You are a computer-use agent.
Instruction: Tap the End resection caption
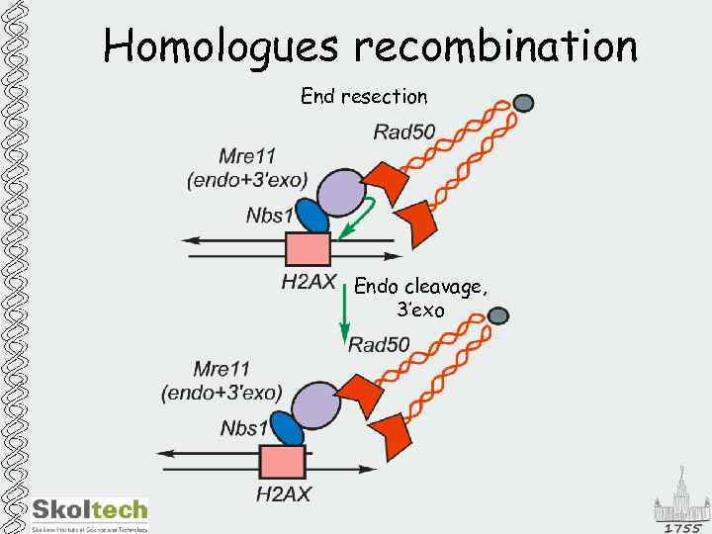pyautogui.click(x=364, y=96)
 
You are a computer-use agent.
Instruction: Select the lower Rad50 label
pyautogui.click(x=378, y=344)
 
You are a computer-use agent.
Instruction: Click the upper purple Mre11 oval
pyautogui.click(x=342, y=191)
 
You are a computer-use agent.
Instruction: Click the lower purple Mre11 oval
pyautogui.click(x=315, y=404)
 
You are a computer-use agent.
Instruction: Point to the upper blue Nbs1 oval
pyautogui.click(x=311, y=218)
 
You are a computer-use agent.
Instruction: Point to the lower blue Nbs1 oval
pyautogui.click(x=287, y=429)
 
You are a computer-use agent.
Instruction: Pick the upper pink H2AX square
pyautogui.click(x=308, y=250)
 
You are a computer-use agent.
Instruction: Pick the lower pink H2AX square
pyautogui.click(x=282, y=463)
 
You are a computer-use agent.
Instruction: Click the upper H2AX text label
pyautogui.click(x=309, y=282)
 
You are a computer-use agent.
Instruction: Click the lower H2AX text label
pyautogui.click(x=283, y=493)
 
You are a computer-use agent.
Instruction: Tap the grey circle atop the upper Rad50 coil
pyautogui.click(x=524, y=103)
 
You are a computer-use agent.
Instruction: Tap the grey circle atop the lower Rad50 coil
pyautogui.click(x=497, y=315)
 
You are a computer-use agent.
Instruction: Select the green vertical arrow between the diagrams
pyautogui.click(x=343, y=312)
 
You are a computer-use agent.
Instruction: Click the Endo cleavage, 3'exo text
pyautogui.click(x=420, y=298)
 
